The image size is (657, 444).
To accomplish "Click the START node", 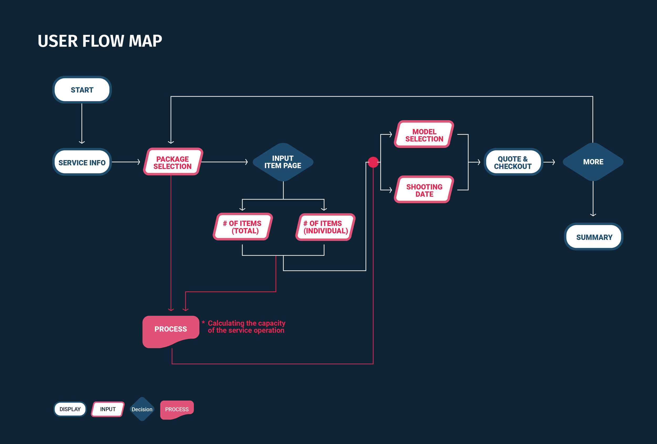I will coord(82,90).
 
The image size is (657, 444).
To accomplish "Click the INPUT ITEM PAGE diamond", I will coord(283,162).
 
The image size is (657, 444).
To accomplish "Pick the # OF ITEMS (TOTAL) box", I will coord(243,227).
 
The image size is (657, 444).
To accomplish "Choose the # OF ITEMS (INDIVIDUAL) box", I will coord(325,227).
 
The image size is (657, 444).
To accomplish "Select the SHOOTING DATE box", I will coord(424,190).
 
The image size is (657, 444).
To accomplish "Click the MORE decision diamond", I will coord(593,162).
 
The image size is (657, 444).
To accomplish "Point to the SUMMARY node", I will coord(594,237).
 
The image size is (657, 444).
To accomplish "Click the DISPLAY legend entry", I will coord(70,409).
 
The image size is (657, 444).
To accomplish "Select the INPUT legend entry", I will coord(108,409).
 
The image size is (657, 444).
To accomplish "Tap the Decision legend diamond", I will coord(142,409).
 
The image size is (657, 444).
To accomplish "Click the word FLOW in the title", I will coord(103,41).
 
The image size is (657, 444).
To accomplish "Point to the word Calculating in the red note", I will coord(226,323).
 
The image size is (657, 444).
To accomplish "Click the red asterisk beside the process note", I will coord(203,322).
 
